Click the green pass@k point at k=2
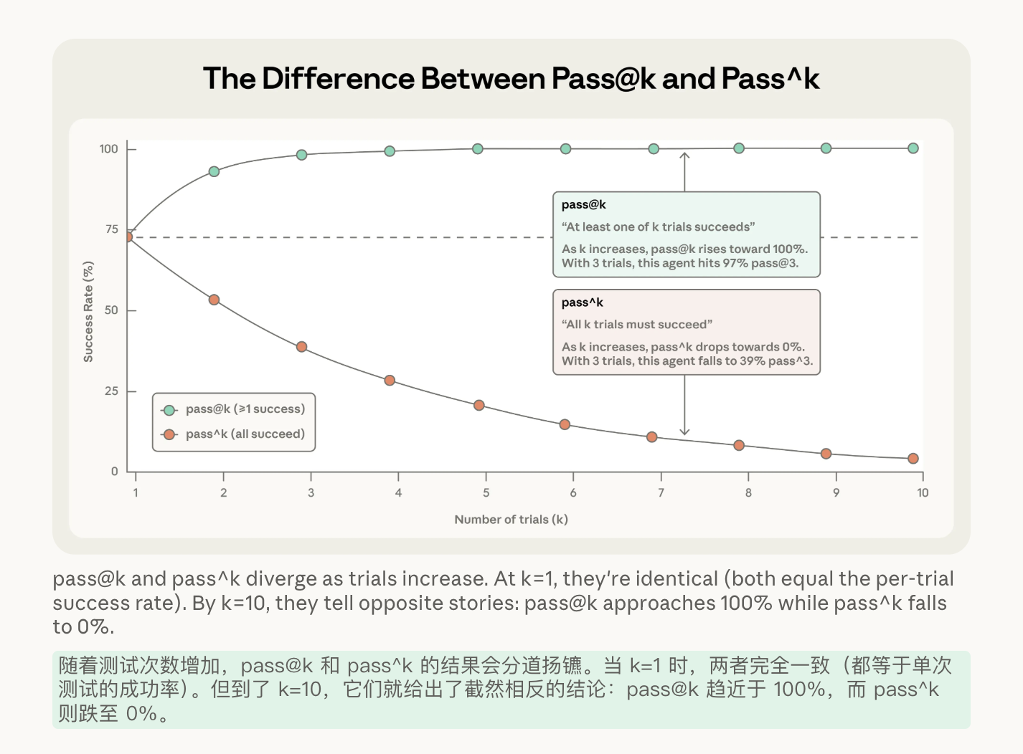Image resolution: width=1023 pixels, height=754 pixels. pyautogui.click(x=214, y=171)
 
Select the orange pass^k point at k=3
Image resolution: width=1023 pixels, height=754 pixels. pyautogui.click(x=302, y=347)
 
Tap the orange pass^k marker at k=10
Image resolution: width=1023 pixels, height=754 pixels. pyautogui.click(x=913, y=459)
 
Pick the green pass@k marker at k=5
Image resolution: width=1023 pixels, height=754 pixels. pyautogui.click(x=478, y=149)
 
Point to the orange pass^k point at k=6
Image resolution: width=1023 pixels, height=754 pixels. pyautogui.click(x=565, y=425)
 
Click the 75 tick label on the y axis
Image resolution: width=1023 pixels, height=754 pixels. pyautogui.click(x=111, y=229)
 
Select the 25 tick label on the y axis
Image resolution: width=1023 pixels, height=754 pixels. pyautogui.click(x=111, y=391)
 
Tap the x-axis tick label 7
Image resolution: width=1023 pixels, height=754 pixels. pyautogui.click(x=661, y=493)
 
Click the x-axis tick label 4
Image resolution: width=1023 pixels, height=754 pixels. pyautogui.click(x=398, y=493)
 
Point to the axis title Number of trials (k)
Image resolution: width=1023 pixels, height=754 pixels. pyautogui.click(x=511, y=520)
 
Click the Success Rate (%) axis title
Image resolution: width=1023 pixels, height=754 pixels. pyautogui.click(x=88, y=312)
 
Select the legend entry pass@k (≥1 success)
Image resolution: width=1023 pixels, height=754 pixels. pyautogui.click(x=245, y=409)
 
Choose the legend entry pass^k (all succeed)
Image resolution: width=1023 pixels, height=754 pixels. pyautogui.click(x=245, y=434)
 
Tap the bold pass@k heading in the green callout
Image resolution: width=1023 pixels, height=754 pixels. pyautogui.click(x=583, y=205)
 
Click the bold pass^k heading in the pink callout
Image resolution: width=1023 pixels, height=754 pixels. pyautogui.click(x=582, y=302)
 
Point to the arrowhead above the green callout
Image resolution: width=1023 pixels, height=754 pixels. pyautogui.click(x=684, y=155)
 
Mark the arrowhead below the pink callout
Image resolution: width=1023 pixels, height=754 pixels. pyautogui.click(x=684, y=431)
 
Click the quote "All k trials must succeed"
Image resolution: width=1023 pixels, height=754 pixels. pyautogui.click(x=637, y=325)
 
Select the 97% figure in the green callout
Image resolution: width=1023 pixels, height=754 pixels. pyautogui.click(x=735, y=264)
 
